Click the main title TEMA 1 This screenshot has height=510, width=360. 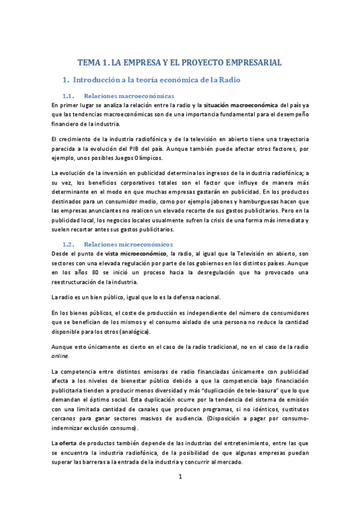(x=180, y=63)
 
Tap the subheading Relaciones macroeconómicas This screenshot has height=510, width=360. (x=129, y=96)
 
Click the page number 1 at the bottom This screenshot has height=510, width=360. (x=180, y=478)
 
